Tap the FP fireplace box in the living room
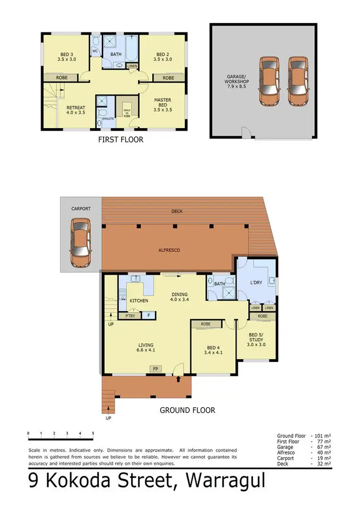tap(155, 369)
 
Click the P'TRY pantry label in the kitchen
tap(130, 315)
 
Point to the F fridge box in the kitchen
tap(148, 315)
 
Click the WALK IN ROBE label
tap(127, 113)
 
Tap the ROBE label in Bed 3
tap(61, 77)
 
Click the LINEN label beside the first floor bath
tap(132, 66)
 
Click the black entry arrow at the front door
tap(179, 379)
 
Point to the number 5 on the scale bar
tap(93, 434)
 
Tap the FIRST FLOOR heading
tap(120, 140)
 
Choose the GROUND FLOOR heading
tap(187, 410)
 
